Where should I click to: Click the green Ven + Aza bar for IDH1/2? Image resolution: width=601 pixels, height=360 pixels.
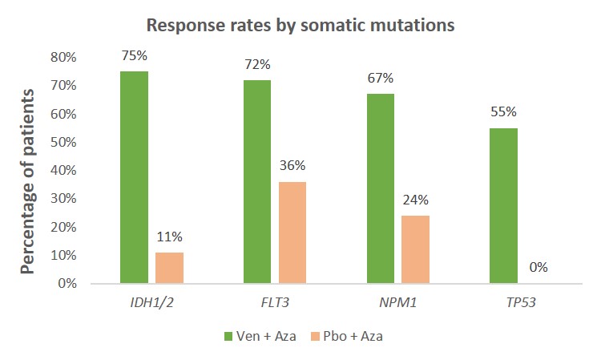click(134, 177)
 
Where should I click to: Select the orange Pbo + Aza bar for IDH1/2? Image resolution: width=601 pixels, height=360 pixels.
click(169, 268)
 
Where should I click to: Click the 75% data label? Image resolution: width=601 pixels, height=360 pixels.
click(134, 56)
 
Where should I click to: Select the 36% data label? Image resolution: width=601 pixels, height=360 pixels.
click(292, 166)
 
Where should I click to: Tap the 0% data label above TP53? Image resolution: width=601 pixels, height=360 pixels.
click(538, 268)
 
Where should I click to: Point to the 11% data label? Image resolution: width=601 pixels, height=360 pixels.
click(170, 237)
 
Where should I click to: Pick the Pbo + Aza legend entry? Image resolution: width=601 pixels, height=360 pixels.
click(347, 336)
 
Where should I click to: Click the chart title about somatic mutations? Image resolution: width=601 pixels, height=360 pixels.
click(300, 26)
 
